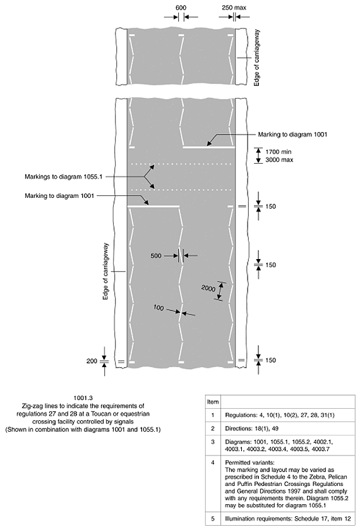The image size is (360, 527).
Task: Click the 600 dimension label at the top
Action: pos(181,8)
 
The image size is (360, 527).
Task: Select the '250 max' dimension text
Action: pos(234,8)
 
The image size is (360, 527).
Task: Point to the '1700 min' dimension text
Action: pos(279,152)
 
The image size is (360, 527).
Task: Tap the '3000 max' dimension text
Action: pos(279,160)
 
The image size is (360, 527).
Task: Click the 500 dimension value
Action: pos(156,256)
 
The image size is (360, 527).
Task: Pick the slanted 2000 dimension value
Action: pos(208,288)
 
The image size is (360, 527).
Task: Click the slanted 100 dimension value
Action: pos(159,308)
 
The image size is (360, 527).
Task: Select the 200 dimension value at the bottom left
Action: pos(92,361)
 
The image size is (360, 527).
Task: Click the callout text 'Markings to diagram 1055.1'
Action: pos(63,177)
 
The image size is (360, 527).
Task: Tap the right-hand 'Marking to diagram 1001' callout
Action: pos(292,135)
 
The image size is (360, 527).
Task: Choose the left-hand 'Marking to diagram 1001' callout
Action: pos(59,196)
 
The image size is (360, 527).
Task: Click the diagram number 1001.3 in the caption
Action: pos(83,398)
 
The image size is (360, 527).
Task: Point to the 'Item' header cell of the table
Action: pos(213,402)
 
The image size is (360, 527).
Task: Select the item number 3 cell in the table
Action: pos(213,442)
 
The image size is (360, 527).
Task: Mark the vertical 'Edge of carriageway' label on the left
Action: pos(105,271)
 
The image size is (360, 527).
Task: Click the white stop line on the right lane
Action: pos(208,147)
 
